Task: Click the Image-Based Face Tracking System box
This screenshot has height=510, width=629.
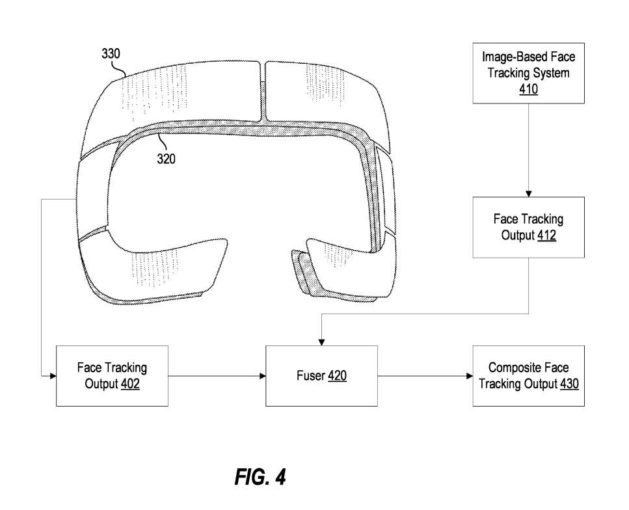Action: point(528,72)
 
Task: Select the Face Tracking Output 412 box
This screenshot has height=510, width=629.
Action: point(528,226)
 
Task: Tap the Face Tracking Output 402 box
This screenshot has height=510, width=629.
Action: point(112,376)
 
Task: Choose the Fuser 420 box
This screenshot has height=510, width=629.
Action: point(321,376)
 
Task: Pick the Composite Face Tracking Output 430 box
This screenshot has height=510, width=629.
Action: point(528,376)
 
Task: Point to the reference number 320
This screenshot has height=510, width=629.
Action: point(167,158)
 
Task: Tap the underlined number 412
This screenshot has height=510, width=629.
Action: point(546,235)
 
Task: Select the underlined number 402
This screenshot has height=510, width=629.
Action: point(130,384)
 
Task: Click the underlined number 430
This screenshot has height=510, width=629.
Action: point(569,384)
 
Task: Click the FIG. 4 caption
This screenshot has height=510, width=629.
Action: point(260,477)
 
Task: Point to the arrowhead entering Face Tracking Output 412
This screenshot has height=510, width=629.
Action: point(528,193)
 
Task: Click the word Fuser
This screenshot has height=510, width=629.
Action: point(310,376)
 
